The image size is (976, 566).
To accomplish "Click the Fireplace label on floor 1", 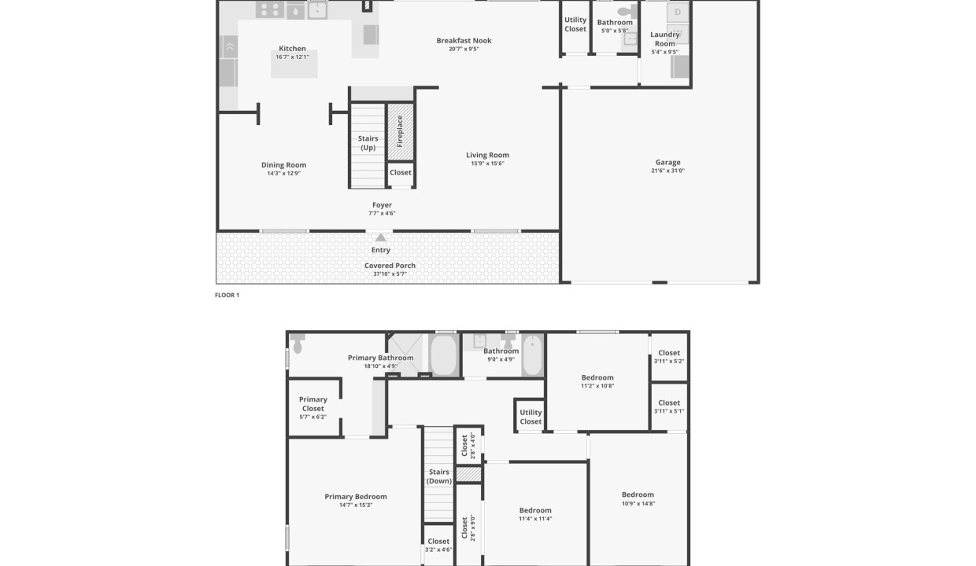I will coord(400,131).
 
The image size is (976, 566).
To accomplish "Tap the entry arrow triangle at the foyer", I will coord(381,237).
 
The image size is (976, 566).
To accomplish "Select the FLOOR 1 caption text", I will coord(227,296).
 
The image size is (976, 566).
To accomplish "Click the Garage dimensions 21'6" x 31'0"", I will coord(667,171).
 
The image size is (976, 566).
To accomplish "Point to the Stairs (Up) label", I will coord(368,143).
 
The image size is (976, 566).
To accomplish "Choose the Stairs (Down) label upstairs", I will coord(439,476).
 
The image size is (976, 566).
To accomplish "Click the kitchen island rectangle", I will coord(294,66).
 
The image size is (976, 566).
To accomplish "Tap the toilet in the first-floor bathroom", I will coord(628,12).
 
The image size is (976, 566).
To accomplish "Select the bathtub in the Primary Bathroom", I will coord(443,355).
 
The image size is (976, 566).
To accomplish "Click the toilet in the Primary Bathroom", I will coord(298,344).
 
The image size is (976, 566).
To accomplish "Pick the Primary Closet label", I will coord(313,404).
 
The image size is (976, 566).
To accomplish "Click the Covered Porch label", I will coord(390,266).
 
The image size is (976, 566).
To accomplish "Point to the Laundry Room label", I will coord(665,39).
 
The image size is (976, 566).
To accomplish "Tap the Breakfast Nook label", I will coord(464,41).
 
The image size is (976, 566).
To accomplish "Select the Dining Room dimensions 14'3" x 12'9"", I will coord(283,173).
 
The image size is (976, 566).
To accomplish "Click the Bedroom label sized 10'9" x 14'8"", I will coord(638,495).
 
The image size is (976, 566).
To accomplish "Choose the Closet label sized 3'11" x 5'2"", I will coord(669,353).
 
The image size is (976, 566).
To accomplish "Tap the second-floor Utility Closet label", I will coord(531,417).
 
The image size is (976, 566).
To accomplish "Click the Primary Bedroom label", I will coord(356,497).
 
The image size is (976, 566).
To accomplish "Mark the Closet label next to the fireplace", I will coord(400,173).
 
